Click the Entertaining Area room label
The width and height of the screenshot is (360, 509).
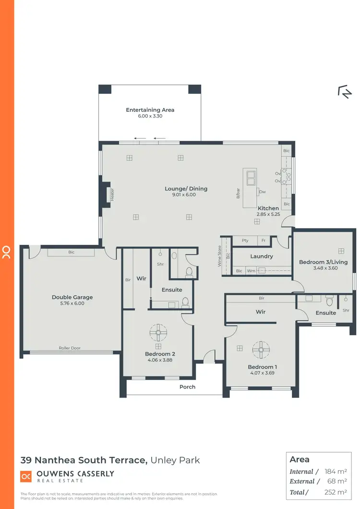point(150,110)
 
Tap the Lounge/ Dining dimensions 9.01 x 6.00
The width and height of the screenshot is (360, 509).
point(186,195)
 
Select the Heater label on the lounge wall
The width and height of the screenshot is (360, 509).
point(112,194)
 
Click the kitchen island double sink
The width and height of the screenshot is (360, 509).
point(250,178)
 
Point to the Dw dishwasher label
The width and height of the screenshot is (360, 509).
point(262,192)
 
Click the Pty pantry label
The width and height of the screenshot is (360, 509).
point(245,240)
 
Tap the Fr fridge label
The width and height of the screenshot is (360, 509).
point(263,240)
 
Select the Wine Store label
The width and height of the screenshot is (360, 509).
point(220,256)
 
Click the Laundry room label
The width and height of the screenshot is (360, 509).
point(262,256)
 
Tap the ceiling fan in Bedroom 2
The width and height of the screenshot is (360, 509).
point(158,332)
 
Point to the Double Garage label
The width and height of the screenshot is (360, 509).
point(72,297)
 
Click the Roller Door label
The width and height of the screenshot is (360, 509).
point(70,348)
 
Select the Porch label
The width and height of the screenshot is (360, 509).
point(187,387)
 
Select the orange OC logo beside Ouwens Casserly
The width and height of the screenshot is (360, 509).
point(26,476)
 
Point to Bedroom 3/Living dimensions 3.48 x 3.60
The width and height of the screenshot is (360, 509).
point(323,268)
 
